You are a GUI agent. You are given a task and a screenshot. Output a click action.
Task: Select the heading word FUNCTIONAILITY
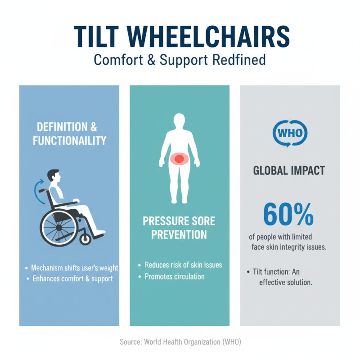70,140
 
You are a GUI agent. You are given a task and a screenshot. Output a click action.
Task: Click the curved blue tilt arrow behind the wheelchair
36,191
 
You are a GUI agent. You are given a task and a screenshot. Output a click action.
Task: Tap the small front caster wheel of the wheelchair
85,238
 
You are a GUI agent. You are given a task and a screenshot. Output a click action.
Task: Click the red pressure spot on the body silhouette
179,158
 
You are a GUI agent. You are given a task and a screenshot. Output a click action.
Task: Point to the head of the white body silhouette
179,122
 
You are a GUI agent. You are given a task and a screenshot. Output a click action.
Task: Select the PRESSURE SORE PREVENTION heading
179,228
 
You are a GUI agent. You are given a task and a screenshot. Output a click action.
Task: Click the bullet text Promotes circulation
175,276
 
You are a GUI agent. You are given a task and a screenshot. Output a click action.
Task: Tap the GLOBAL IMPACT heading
290,171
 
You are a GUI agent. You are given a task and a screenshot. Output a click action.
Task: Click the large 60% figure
288,215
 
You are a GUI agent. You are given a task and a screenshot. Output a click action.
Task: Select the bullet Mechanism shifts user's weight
74,268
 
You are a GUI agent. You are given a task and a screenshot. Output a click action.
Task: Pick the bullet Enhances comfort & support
72,279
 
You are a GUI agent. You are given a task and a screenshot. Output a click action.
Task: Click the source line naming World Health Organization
180,342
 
